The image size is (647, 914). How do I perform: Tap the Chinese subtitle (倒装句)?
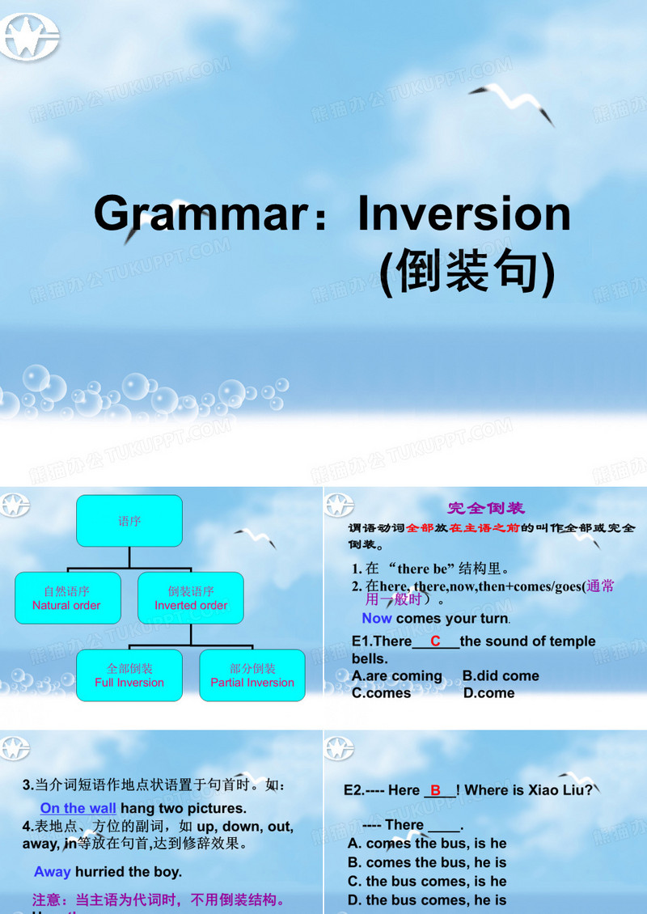coord(467,273)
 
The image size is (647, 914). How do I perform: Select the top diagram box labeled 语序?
coord(129,521)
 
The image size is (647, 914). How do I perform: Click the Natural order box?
coord(67,598)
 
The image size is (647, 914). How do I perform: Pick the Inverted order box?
coord(191,598)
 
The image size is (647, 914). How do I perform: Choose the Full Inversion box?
coord(129,675)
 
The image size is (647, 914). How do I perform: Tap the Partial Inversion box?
coord(252,675)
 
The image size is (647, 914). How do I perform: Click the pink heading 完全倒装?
coord(486,508)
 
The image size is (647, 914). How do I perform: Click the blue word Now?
coord(377,618)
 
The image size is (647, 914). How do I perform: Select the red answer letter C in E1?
coord(435,641)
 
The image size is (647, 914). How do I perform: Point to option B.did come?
coord(501,675)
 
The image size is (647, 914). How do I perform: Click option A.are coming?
coord(397,675)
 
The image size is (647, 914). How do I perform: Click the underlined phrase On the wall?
coord(78,808)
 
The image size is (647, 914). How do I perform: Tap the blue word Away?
coord(52,871)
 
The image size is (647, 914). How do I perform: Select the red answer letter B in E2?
coord(436,790)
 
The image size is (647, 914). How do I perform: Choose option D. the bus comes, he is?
coord(427,899)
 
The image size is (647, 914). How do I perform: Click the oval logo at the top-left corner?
coord(30,36)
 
